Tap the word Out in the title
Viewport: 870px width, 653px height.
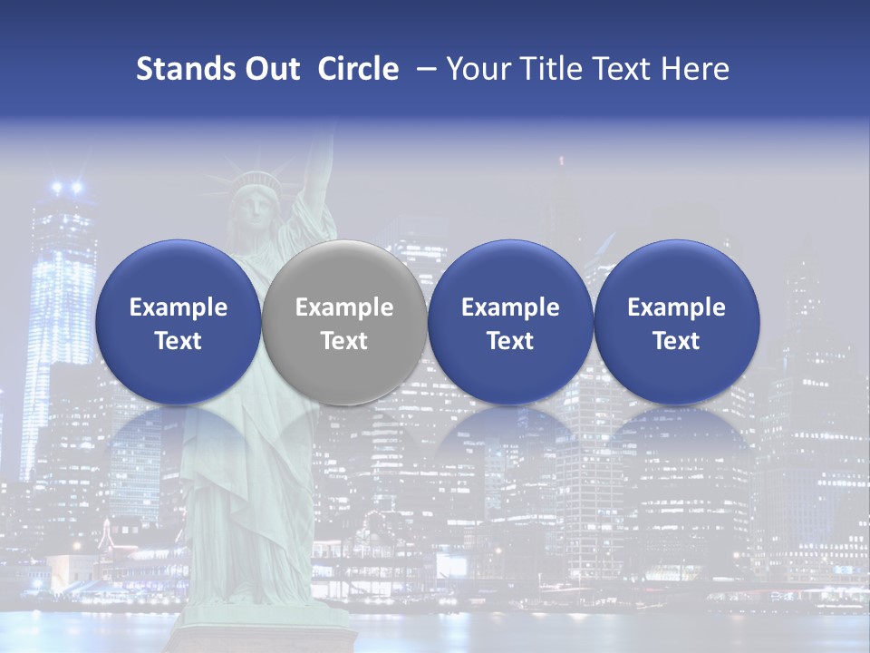click(270, 69)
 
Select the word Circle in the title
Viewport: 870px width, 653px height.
click(358, 69)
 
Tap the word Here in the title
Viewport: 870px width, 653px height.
click(696, 69)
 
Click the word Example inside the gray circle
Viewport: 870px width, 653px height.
click(344, 307)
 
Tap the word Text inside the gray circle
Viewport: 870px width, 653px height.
click(344, 341)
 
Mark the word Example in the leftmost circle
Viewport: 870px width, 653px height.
click(179, 307)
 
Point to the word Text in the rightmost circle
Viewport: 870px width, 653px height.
click(676, 341)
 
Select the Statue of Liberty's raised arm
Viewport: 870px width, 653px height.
click(318, 172)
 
